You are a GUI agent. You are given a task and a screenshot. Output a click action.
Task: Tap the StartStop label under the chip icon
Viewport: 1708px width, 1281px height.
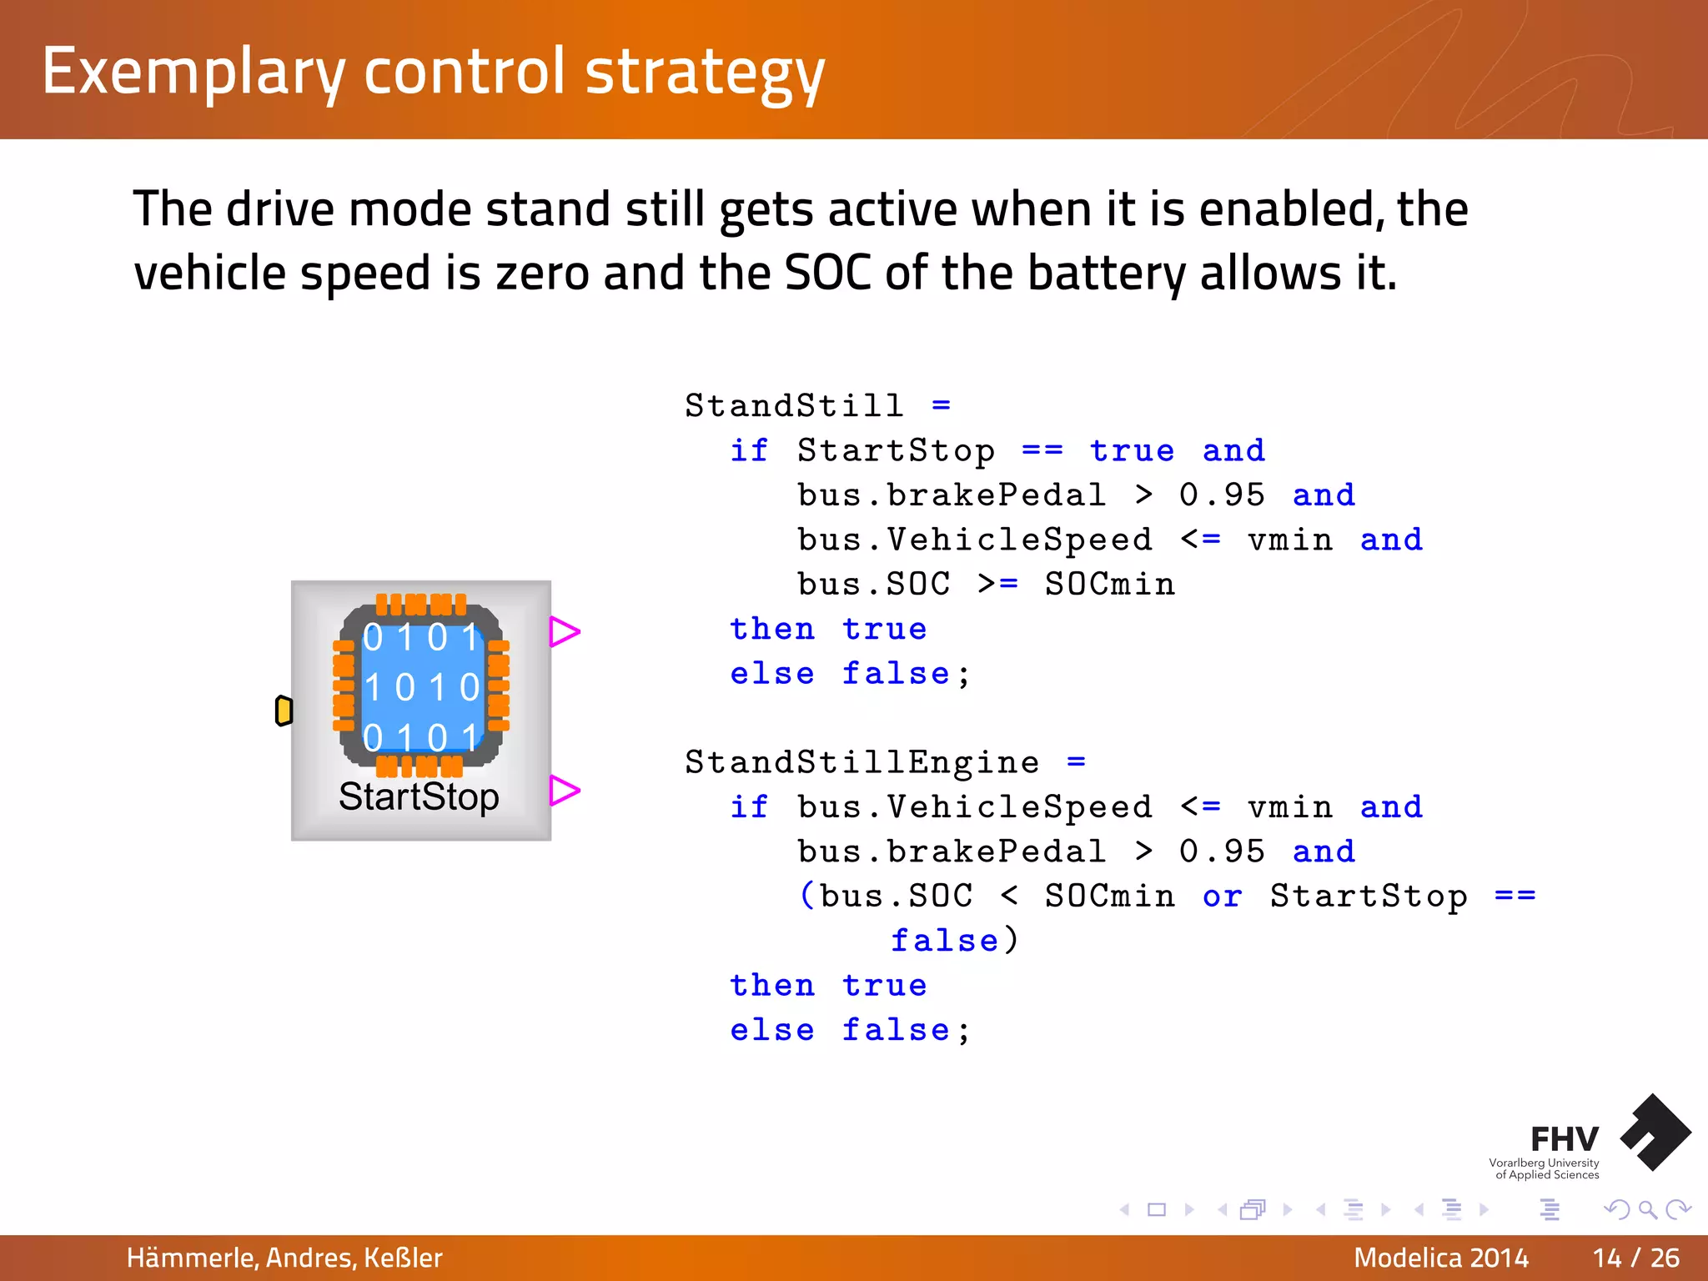(419, 796)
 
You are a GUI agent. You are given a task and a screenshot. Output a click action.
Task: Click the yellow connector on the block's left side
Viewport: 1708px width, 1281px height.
(284, 711)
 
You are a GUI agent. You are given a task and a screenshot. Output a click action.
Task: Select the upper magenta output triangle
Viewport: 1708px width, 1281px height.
(563, 631)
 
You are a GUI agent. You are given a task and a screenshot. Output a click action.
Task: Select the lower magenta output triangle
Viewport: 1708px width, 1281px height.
(563, 790)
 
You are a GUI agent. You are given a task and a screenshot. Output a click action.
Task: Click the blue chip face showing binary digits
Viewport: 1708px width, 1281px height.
(422, 686)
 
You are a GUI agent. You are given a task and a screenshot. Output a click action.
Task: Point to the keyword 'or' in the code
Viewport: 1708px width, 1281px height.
(1222, 897)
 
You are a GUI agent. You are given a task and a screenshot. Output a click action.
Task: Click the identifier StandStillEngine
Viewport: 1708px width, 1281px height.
(862, 762)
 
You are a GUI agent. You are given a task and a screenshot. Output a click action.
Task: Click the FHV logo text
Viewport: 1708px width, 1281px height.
(1564, 1139)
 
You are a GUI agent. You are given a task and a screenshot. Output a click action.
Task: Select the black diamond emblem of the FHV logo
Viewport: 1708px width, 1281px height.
(1655, 1132)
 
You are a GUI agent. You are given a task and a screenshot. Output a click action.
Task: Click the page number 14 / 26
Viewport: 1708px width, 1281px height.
(1635, 1258)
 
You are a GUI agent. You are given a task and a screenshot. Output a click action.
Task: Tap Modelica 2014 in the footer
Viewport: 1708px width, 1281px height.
(1441, 1258)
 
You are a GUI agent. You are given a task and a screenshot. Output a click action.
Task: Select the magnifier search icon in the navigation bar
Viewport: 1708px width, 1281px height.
(1647, 1209)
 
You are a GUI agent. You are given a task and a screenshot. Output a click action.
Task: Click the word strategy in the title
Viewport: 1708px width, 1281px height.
(705, 73)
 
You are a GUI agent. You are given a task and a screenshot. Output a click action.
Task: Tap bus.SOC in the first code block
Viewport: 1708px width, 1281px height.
(873, 585)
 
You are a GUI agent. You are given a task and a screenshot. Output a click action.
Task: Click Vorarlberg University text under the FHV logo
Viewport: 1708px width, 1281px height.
(1544, 1163)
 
